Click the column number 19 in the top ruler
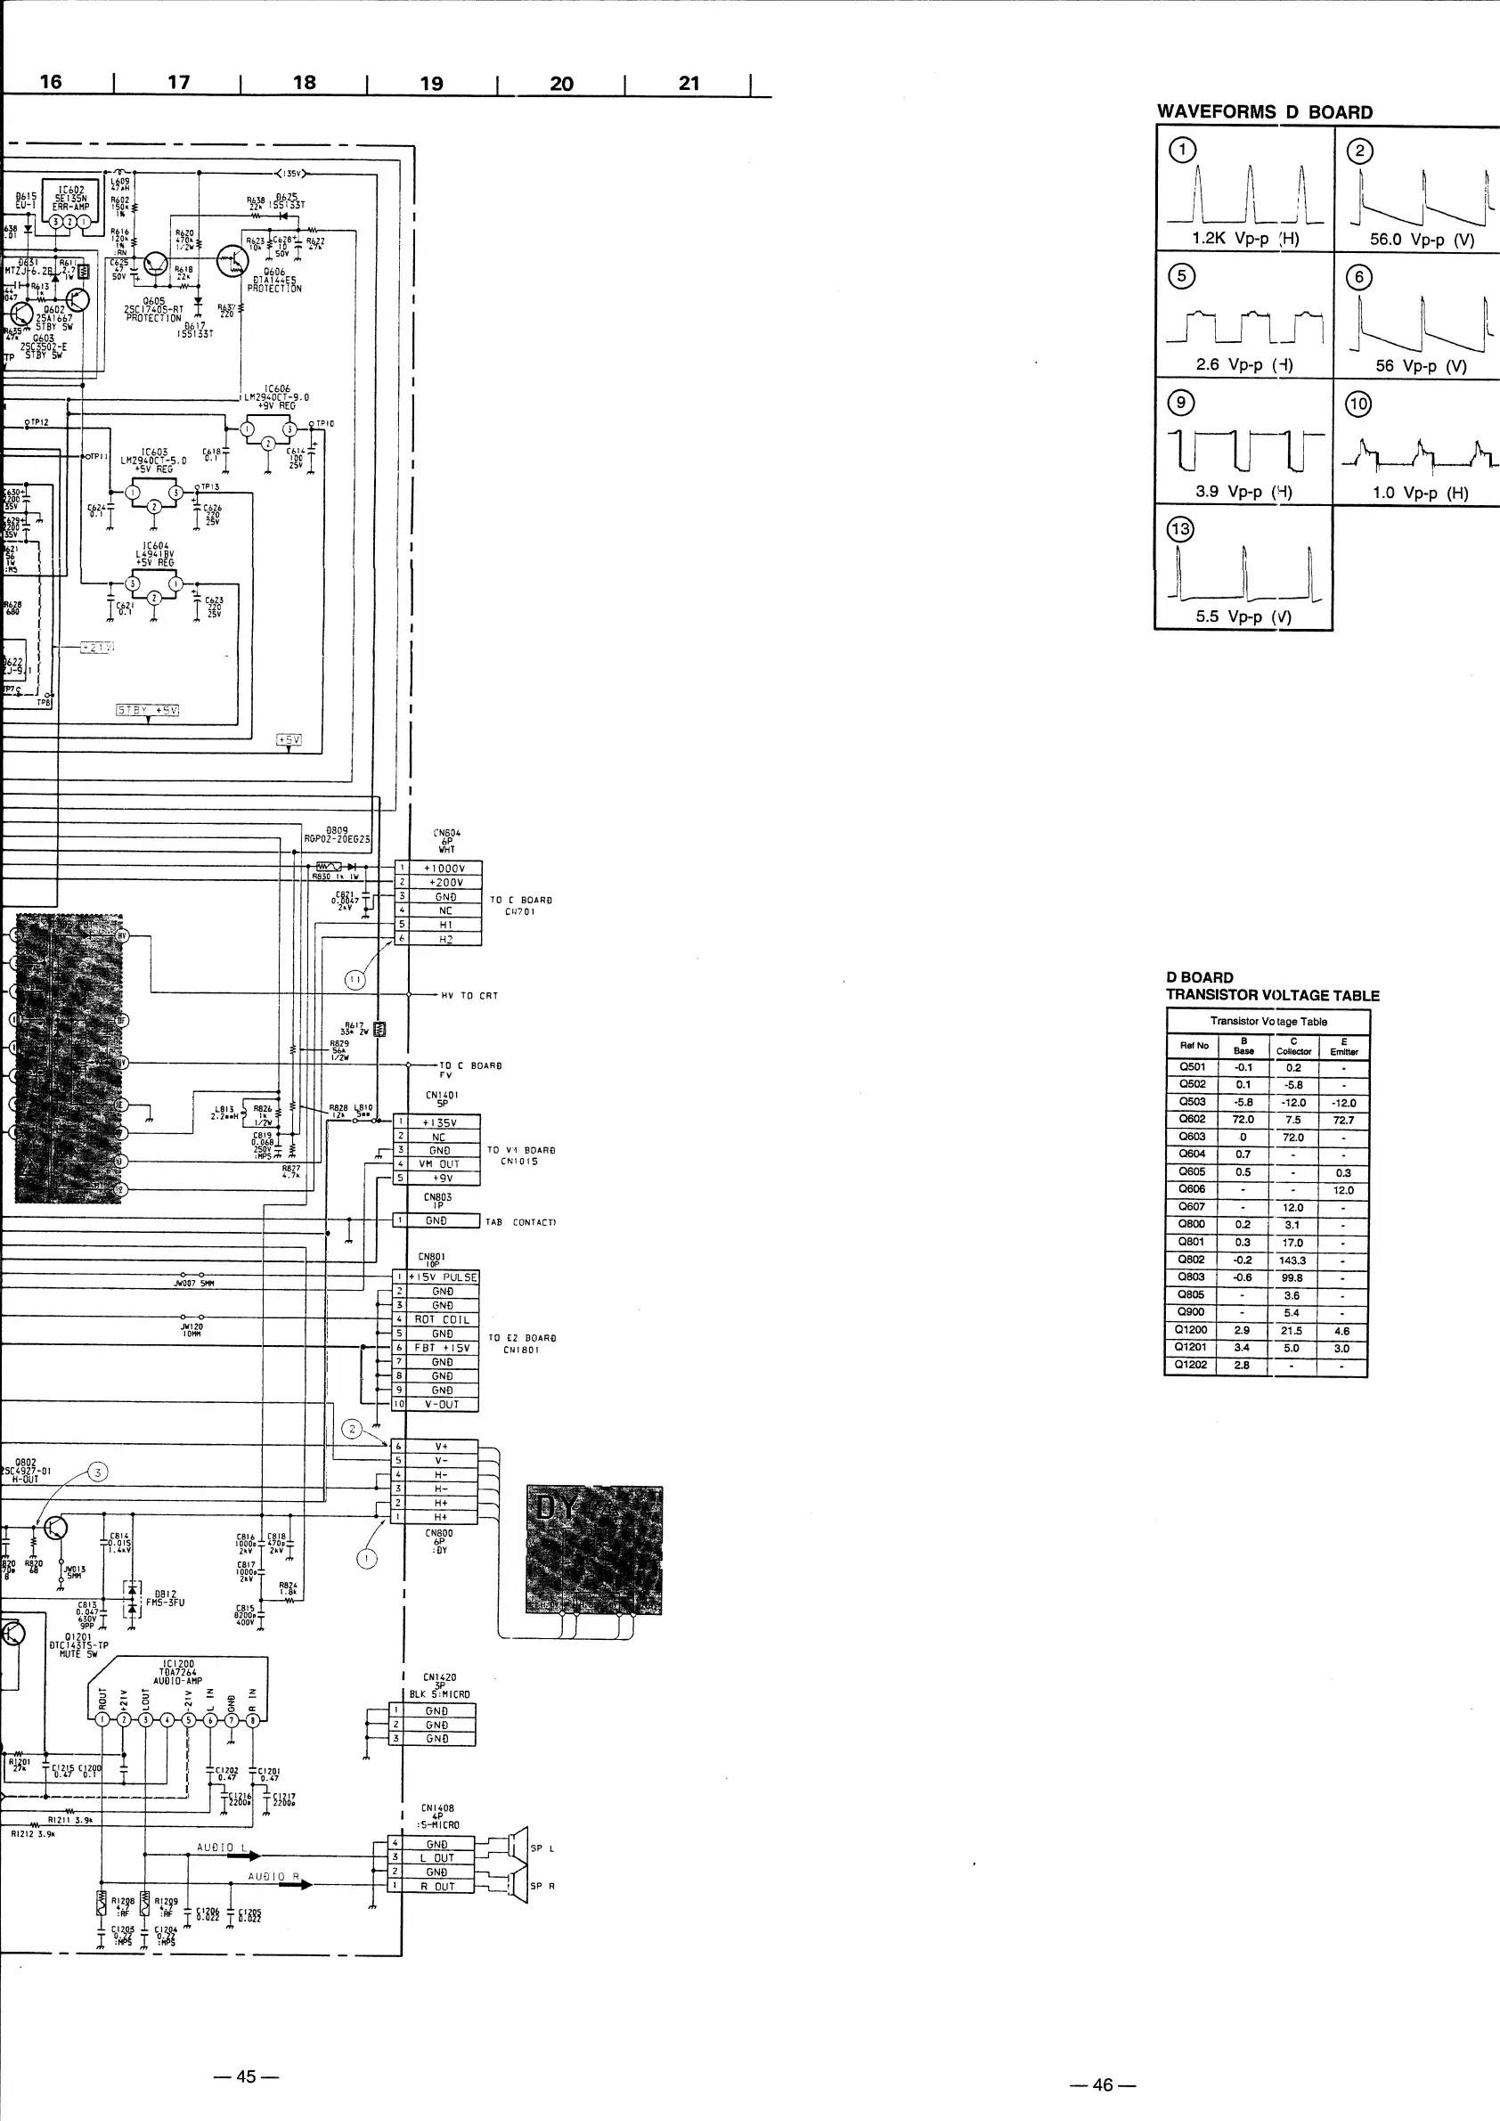point(431,83)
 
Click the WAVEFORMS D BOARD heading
point(1264,111)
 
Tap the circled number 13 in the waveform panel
point(1180,528)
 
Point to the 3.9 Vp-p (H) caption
point(1243,492)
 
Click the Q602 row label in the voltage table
point(1192,1119)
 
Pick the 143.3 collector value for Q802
point(1292,1260)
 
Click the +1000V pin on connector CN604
point(444,869)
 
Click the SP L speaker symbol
point(518,1847)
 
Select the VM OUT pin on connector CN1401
point(439,1164)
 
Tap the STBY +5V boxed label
point(147,709)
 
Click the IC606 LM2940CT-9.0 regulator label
point(277,397)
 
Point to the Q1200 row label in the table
point(1192,1330)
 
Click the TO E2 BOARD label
point(522,1343)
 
